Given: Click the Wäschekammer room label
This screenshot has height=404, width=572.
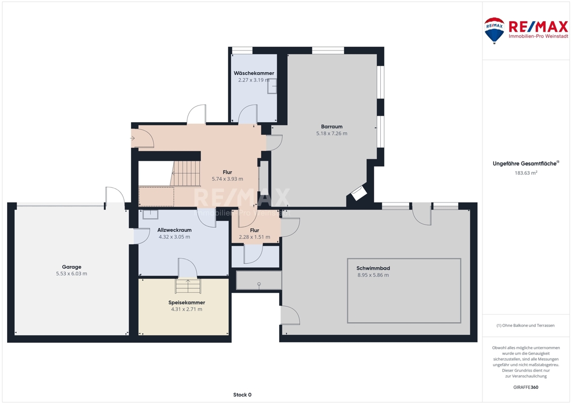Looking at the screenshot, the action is click(x=254, y=73).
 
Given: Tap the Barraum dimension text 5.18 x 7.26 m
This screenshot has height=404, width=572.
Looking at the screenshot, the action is click(x=332, y=134).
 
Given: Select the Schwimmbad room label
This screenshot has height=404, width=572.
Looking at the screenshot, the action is click(x=373, y=269).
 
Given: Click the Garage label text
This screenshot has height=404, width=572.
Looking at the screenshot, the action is click(x=71, y=267).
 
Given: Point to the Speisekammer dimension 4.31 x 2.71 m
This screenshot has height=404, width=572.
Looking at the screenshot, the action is click(x=187, y=309).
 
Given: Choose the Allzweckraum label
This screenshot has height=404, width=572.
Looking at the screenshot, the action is click(x=174, y=230).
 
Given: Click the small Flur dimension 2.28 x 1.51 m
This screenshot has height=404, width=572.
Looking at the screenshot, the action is click(x=254, y=237).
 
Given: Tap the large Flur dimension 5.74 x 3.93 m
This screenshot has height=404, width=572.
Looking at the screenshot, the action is click(x=227, y=179).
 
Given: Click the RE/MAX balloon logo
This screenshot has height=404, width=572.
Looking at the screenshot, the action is click(x=494, y=31).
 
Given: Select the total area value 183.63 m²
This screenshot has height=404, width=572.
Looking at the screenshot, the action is click(x=525, y=173).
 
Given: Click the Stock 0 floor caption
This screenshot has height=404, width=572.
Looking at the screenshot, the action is click(x=242, y=395).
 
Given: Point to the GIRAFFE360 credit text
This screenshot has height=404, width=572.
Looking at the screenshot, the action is click(x=525, y=387).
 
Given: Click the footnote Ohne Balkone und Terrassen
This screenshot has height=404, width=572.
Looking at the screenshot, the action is click(x=525, y=325).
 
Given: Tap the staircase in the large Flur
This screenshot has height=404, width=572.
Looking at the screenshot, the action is click(x=186, y=173).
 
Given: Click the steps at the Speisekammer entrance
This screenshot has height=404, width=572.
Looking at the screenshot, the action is click(x=188, y=286).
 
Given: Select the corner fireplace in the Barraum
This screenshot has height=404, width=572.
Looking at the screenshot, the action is click(x=359, y=193).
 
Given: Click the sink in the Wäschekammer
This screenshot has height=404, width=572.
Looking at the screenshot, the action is click(x=272, y=86).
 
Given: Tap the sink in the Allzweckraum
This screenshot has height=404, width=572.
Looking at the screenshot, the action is click(x=150, y=215).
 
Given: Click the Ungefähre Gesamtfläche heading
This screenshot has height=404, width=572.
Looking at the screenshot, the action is click(x=525, y=164).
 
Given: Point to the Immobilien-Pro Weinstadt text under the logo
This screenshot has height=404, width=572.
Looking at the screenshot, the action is click(x=539, y=36).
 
